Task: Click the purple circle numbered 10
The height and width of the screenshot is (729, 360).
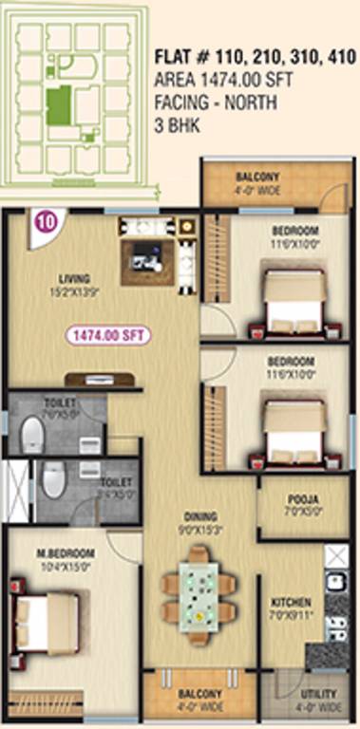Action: (x=45, y=223)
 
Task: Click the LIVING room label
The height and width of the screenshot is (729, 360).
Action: (x=74, y=278)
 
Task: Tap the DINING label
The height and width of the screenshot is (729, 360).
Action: (x=202, y=517)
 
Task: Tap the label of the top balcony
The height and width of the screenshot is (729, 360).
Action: (x=257, y=178)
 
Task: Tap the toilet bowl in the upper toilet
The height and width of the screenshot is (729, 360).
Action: (x=32, y=438)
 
